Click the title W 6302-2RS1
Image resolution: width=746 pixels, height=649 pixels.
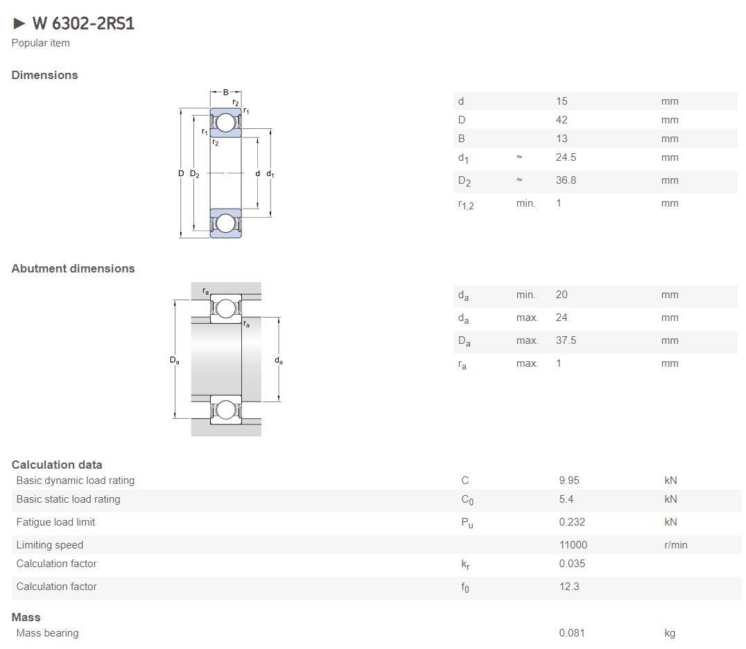83,23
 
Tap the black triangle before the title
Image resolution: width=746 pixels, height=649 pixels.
19,23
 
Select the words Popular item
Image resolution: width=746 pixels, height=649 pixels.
40,43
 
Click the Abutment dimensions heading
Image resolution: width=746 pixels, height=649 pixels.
73,268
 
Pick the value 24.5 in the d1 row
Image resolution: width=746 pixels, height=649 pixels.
566,157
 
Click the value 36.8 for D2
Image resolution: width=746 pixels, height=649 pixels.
566,180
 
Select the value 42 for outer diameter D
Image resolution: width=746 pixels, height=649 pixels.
562,119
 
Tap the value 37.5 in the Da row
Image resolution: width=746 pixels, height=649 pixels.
566,340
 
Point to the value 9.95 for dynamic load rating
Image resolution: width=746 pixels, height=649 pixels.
569,480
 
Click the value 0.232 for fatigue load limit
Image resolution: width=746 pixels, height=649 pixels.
572,522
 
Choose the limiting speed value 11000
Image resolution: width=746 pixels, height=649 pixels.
573,545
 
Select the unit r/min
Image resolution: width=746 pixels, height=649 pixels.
675,545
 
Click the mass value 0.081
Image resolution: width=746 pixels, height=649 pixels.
572,633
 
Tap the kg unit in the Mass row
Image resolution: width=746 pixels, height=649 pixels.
670,633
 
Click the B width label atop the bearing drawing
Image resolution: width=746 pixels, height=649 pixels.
226,92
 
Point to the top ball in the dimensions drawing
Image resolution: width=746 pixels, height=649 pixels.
225,123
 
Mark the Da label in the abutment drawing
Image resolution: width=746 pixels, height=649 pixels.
175,360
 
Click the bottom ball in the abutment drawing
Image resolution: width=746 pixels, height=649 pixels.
225,410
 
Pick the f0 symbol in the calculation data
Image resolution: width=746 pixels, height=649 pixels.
465,587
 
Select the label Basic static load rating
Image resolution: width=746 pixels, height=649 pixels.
68,499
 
